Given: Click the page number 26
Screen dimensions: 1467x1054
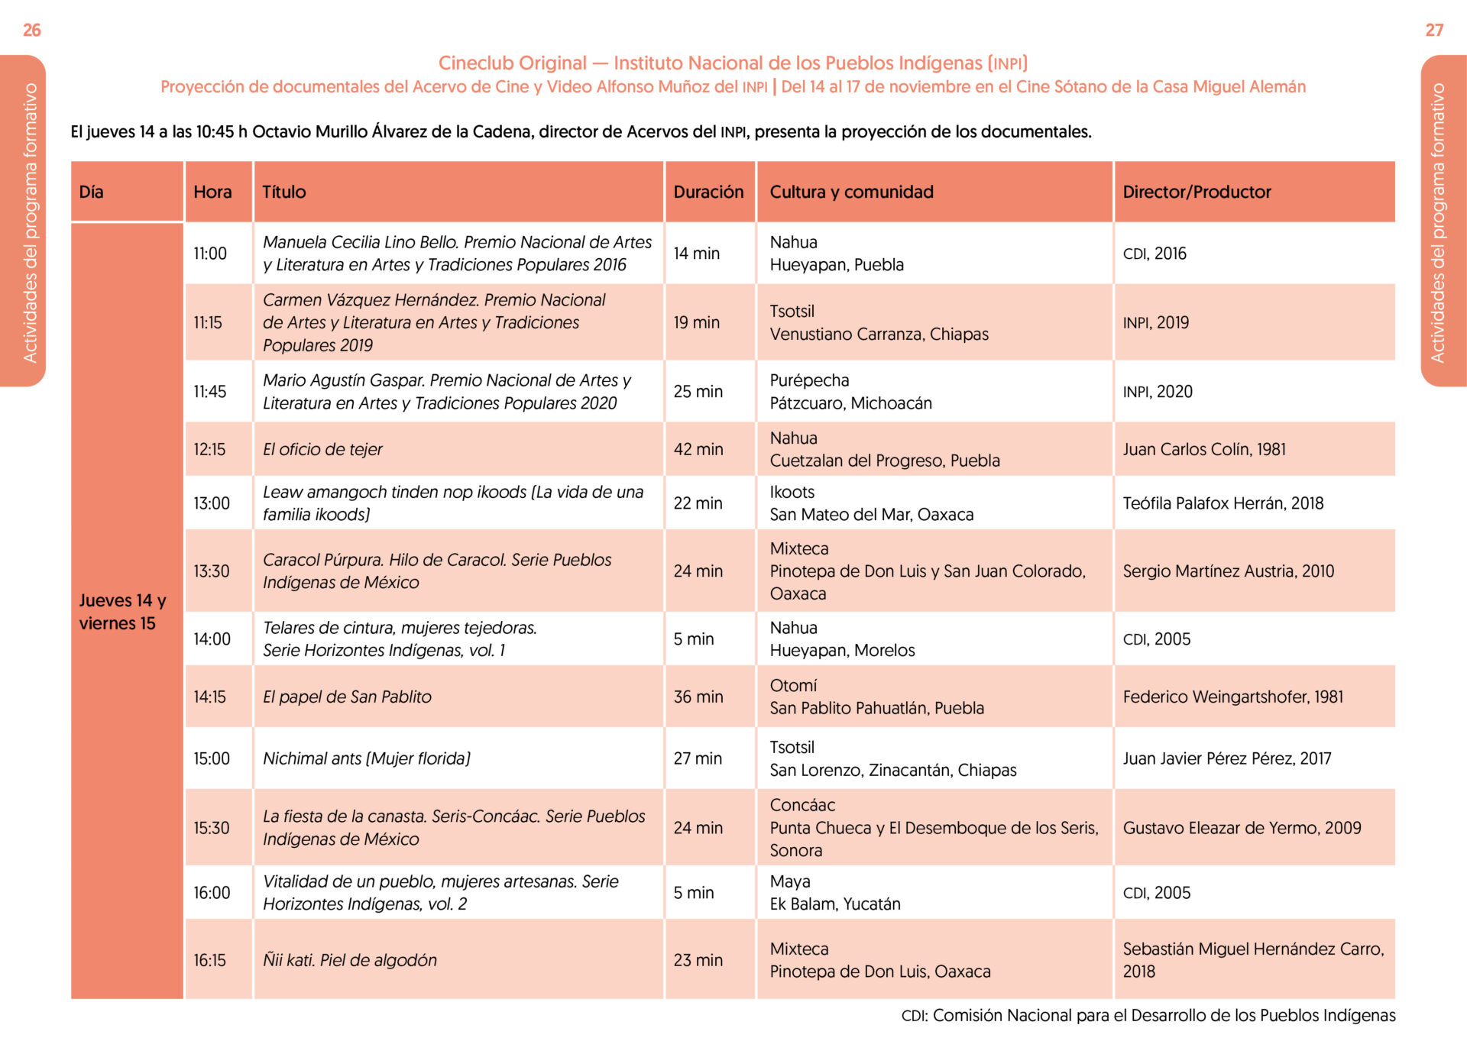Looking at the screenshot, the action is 32,30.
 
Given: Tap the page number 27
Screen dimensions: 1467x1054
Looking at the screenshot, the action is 1434,30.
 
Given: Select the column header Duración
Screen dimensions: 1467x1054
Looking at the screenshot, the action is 708,192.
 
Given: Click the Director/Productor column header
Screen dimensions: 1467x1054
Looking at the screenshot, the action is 1197,192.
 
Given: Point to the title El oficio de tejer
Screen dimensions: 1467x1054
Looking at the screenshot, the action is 322,449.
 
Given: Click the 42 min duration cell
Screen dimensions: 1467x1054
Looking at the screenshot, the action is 698,449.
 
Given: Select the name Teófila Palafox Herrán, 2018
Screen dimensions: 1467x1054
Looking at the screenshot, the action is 1222,503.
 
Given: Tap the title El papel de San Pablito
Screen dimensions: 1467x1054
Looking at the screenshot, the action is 347,697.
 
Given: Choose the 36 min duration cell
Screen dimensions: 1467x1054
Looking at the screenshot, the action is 698,697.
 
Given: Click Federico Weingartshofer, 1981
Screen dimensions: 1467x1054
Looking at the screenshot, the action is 1232,697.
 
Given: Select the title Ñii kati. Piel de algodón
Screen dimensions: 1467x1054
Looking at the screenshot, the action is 350,960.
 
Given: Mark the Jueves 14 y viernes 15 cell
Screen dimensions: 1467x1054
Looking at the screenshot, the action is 122,612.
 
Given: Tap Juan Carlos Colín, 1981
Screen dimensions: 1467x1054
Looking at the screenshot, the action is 1204,449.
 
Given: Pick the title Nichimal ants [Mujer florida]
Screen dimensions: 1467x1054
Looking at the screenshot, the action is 367,758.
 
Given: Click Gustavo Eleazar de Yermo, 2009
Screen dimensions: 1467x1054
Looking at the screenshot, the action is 1242,828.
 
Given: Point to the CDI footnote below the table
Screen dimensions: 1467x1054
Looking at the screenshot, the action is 1148,1015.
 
